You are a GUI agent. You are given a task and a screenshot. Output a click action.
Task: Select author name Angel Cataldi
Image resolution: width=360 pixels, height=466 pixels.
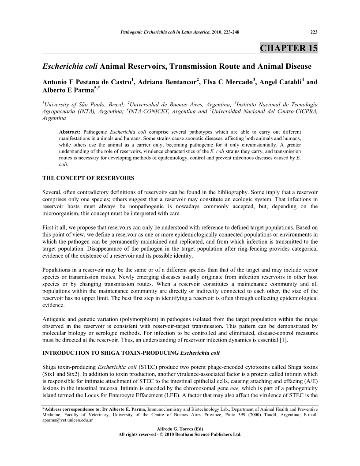point(283,82)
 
